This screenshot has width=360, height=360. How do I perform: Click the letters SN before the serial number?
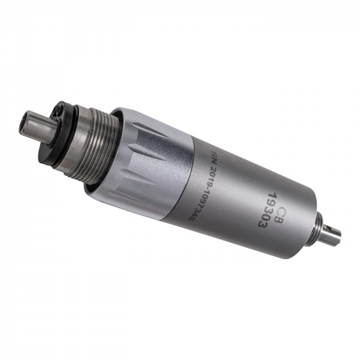pyautogui.click(x=214, y=158)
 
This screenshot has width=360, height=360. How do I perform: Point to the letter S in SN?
pyautogui.click(x=215, y=155)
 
